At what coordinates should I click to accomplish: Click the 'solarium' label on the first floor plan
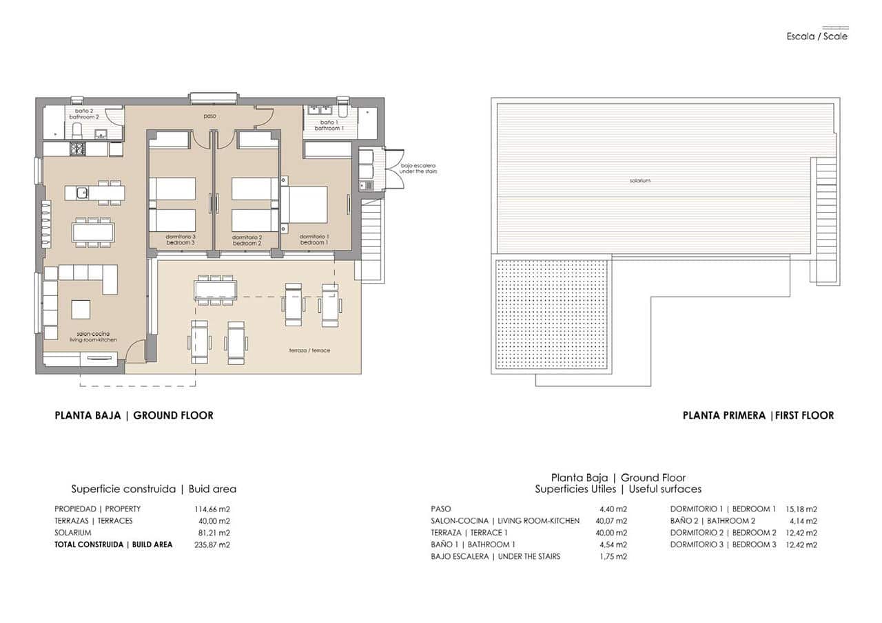point(639,180)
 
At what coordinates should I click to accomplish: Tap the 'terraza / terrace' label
point(309,350)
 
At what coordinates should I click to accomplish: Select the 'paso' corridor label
point(209,116)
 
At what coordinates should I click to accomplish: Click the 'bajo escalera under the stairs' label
point(418,168)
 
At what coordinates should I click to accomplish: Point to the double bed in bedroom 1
point(307,204)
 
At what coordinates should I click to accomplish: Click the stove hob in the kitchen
point(77,149)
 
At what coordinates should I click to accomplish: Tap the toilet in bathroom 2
point(77,131)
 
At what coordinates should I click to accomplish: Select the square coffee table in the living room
point(81,310)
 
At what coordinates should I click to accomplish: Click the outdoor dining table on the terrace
point(216,289)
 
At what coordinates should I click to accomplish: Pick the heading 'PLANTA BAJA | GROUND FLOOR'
point(134,415)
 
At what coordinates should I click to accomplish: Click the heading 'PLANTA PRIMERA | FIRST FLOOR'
point(758,415)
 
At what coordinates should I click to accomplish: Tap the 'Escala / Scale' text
point(817,36)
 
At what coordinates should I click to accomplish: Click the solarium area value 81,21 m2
point(214,533)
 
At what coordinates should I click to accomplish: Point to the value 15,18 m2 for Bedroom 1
point(801,509)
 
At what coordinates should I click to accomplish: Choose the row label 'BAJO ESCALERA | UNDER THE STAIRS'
point(495,556)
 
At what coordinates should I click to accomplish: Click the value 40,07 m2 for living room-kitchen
point(612,521)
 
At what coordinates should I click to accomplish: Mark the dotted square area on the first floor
point(551,313)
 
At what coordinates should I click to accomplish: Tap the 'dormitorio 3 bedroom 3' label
point(180,240)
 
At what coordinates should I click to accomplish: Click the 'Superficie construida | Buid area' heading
point(154,489)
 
